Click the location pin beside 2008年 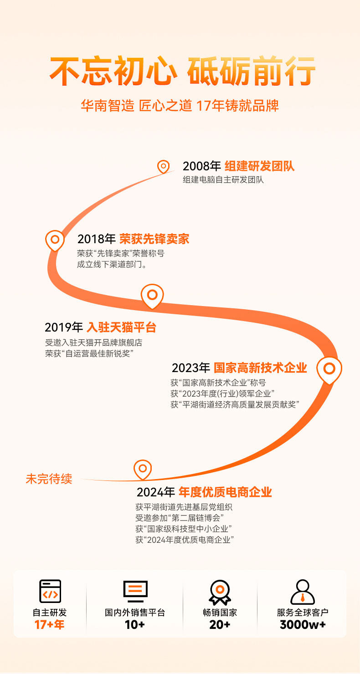point(163,167)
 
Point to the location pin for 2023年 point(329,369)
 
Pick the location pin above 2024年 point(143,469)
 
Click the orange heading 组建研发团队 point(259,166)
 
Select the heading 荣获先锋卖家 point(154,239)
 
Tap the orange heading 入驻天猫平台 point(121,327)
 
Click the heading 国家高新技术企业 point(260,368)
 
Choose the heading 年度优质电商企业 point(225,492)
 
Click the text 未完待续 point(49,479)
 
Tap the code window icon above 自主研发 point(50,591)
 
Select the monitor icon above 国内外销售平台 point(135,591)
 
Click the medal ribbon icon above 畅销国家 point(220,592)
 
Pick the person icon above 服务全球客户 point(303,592)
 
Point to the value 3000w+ point(303,624)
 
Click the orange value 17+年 point(50,624)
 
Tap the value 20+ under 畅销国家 point(220,624)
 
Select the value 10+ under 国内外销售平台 point(135,624)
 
